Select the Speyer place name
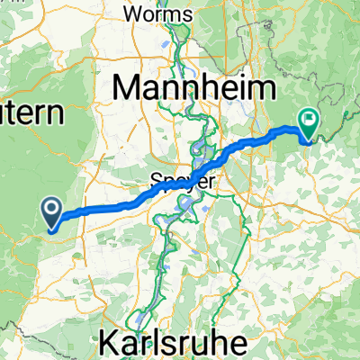pos(183,180)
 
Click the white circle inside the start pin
pos(52,211)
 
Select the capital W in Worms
pos(131,14)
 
